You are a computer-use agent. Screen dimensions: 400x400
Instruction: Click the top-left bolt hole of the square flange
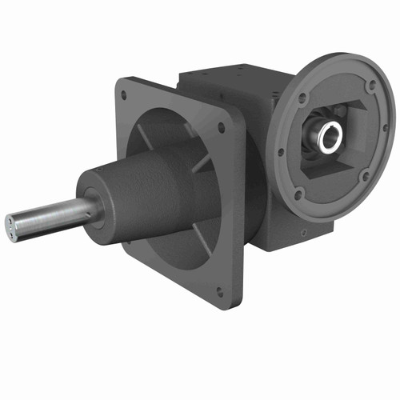[x=124, y=95]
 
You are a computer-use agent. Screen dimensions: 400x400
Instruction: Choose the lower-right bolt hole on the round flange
[x=365, y=177]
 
